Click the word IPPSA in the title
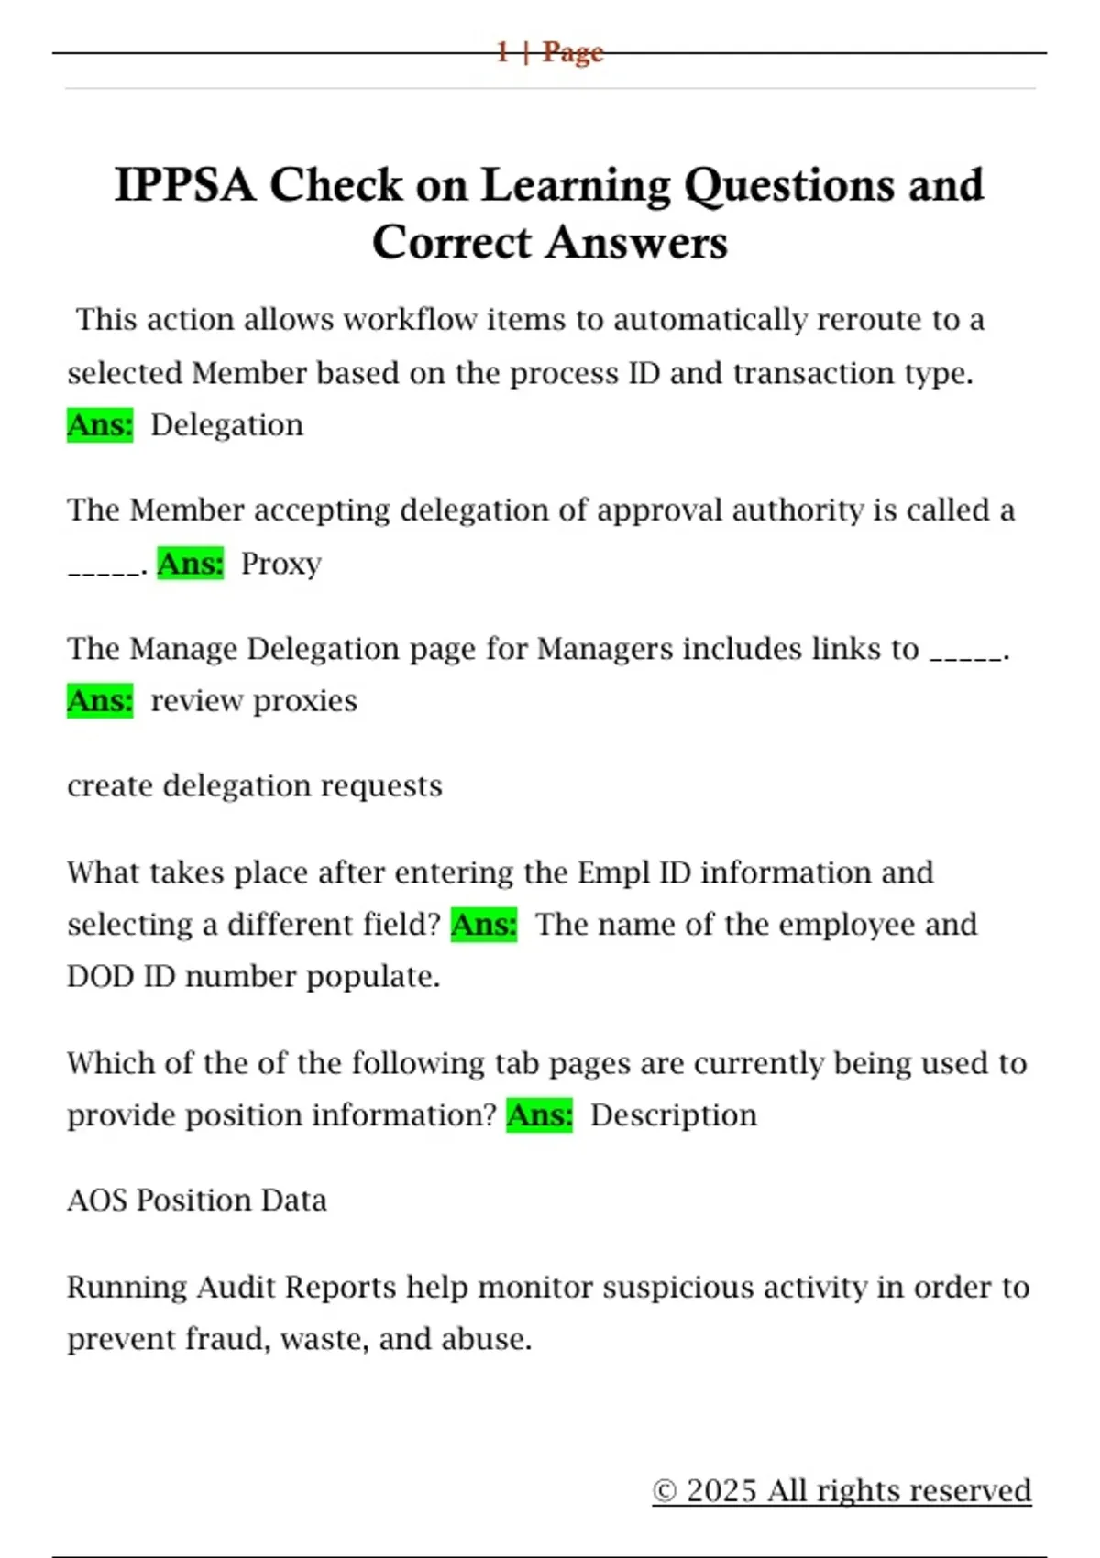click(x=183, y=185)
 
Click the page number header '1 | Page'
click(x=549, y=52)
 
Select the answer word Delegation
click(x=226, y=425)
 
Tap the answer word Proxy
click(x=280, y=564)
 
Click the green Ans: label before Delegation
click(x=100, y=425)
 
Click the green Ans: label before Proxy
click(x=190, y=564)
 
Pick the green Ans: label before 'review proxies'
click(x=100, y=701)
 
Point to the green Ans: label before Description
click(x=539, y=1115)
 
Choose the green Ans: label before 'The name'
click(x=484, y=925)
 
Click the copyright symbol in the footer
click(x=665, y=1491)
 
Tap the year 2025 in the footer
click(x=721, y=1491)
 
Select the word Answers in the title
click(x=637, y=243)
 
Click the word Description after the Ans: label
click(x=674, y=1115)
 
